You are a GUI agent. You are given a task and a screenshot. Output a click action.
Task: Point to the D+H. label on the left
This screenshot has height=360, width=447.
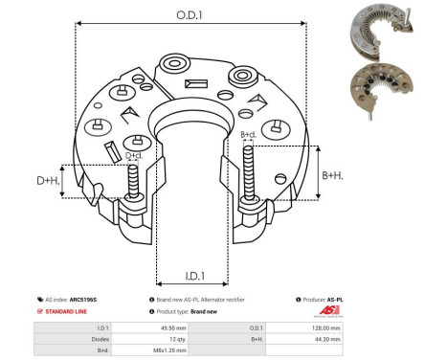click(x=49, y=180)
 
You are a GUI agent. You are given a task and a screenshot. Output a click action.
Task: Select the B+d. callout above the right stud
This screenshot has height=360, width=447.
click(x=248, y=134)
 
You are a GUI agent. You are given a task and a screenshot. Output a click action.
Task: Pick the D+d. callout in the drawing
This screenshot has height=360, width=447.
click(x=135, y=155)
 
